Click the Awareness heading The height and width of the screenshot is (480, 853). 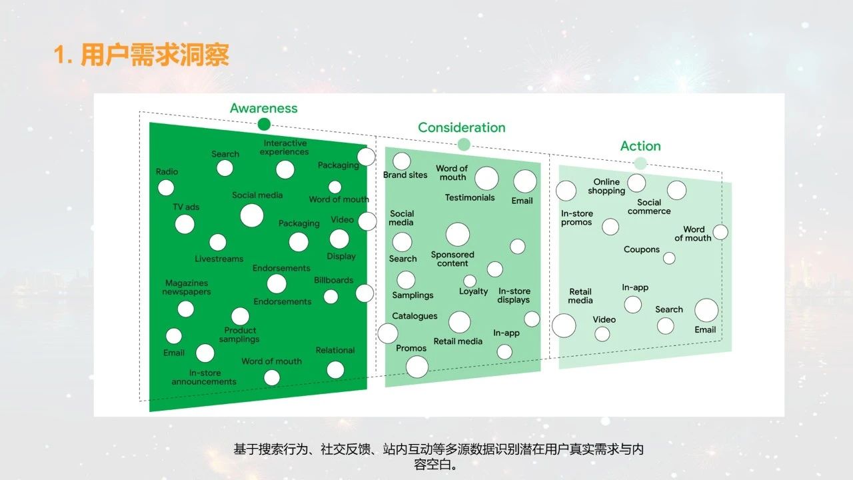pos(263,108)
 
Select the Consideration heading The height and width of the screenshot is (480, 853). pos(461,127)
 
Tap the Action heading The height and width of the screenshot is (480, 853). pos(640,146)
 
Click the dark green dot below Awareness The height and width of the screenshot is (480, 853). pos(264,124)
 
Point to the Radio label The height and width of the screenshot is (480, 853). pos(167,171)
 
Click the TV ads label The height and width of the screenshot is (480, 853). pos(186,207)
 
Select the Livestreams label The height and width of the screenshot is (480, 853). pos(219,259)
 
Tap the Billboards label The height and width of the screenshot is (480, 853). pos(333,280)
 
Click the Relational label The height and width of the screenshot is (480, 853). pos(335,350)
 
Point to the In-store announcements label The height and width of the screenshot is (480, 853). pos(204,377)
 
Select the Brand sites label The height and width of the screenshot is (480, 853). pos(405,175)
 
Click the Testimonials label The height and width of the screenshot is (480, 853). pos(470,197)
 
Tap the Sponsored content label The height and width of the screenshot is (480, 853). pos(452,259)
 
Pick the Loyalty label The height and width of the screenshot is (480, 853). pos(473,291)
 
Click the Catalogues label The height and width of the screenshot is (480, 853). pos(415,316)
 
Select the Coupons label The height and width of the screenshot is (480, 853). pos(641,249)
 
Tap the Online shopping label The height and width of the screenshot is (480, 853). pos(606,186)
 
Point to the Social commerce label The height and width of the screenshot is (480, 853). pos(649,207)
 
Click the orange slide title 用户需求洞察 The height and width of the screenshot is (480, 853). pos(141,55)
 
